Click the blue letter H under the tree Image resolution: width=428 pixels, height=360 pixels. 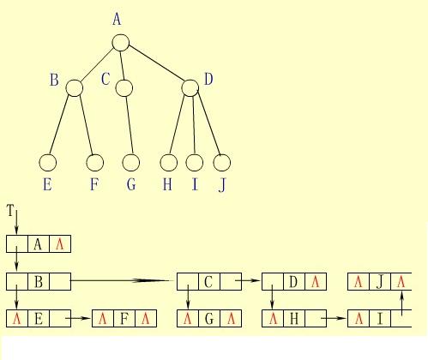167,184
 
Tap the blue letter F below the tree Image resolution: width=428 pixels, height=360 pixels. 94,184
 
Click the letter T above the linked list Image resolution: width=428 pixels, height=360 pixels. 10,211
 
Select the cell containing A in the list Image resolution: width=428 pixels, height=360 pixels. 39,244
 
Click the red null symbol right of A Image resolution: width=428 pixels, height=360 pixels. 60,244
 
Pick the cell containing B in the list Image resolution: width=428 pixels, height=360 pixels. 39,282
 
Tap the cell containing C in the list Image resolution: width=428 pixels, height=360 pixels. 209,282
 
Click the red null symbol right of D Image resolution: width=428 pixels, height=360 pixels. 316,282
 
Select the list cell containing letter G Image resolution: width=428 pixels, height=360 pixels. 209,318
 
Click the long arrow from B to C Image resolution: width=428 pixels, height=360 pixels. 122,280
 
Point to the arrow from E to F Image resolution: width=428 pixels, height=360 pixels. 78,318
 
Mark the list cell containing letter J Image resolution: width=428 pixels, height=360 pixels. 380,282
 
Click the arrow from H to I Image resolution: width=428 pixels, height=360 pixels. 334,318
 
